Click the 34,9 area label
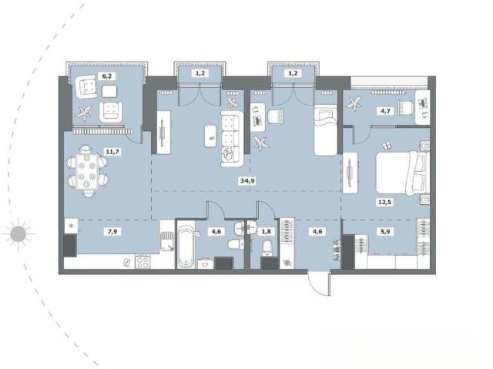tap(247, 181)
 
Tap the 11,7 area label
tap(112, 152)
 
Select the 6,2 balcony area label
tap(107, 75)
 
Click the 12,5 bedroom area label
tap(385, 202)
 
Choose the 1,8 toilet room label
tap(267, 232)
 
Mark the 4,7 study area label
tap(385, 111)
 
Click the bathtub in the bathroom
tap(186, 244)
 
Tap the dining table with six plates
tap(87, 171)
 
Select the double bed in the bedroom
tap(403, 173)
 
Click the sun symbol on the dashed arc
tap(18, 234)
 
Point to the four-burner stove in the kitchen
tap(143, 262)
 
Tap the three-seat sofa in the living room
tap(232, 139)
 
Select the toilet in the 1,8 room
tap(267, 248)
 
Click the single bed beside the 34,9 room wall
tap(326, 131)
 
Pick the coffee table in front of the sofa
tap(210, 136)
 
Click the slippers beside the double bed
tap(386, 145)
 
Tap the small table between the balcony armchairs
tap(109, 91)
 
